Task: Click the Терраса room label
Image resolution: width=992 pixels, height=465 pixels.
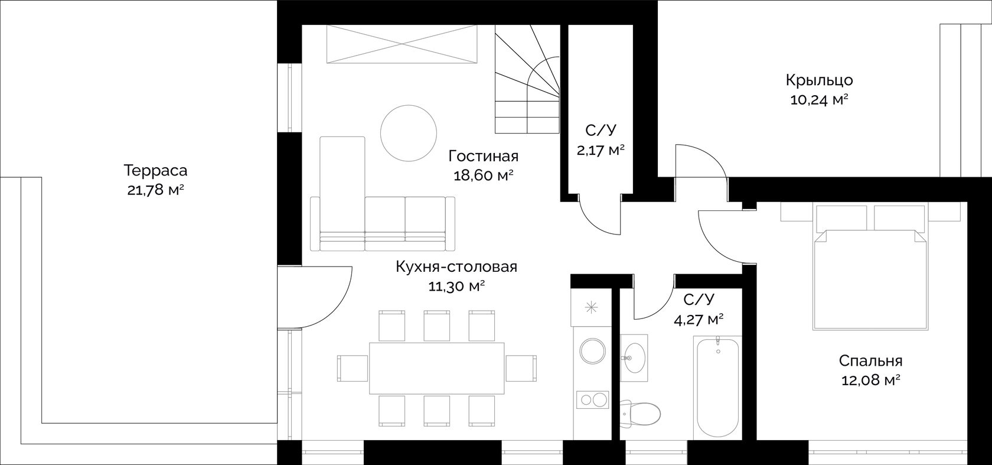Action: pyautogui.click(x=155, y=170)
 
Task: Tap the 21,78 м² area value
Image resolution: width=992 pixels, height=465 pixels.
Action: pyautogui.click(x=155, y=190)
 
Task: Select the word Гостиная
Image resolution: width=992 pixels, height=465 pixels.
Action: pyautogui.click(x=483, y=156)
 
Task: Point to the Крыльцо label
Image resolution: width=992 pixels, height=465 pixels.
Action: pyautogui.click(x=820, y=80)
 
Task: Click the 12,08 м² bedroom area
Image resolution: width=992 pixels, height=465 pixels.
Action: pyautogui.click(x=870, y=381)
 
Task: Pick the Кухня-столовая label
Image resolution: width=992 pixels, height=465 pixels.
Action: pyautogui.click(x=456, y=267)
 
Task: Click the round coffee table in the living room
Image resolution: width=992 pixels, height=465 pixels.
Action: pyautogui.click(x=409, y=133)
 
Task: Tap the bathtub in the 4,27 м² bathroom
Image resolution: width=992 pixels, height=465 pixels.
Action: pyautogui.click(x=718, y=386)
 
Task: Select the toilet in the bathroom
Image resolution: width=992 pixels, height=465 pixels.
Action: pyautogui.click(x=639, y=414)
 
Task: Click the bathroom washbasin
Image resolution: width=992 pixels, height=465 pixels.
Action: pyautogui.click(x=634, y=357)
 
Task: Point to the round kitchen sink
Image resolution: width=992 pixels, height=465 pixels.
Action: pyautogui.click(x=593, y=351)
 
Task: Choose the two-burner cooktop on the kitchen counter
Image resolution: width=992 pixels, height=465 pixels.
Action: pyautogui.click(x=593, y=399)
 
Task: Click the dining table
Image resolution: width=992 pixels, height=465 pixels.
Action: pyautogui.click(x=437, y=368)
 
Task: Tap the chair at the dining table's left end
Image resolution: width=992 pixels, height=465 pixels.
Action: pyautogui.click(x=353, y=368)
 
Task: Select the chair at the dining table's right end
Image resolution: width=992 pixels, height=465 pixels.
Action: pyautogui.click(x=521, y=368)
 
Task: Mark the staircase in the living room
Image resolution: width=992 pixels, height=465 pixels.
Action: pyautogui.click(x=527, y=79)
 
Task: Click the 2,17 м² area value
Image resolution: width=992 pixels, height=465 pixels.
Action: pyautogui.click(x=601, y=151)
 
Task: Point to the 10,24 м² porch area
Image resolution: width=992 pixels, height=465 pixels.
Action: pyautogui.click(x=820, y=100)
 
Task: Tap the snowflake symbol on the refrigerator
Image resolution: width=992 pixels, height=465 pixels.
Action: pyautogui.click(x=591, y=307)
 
